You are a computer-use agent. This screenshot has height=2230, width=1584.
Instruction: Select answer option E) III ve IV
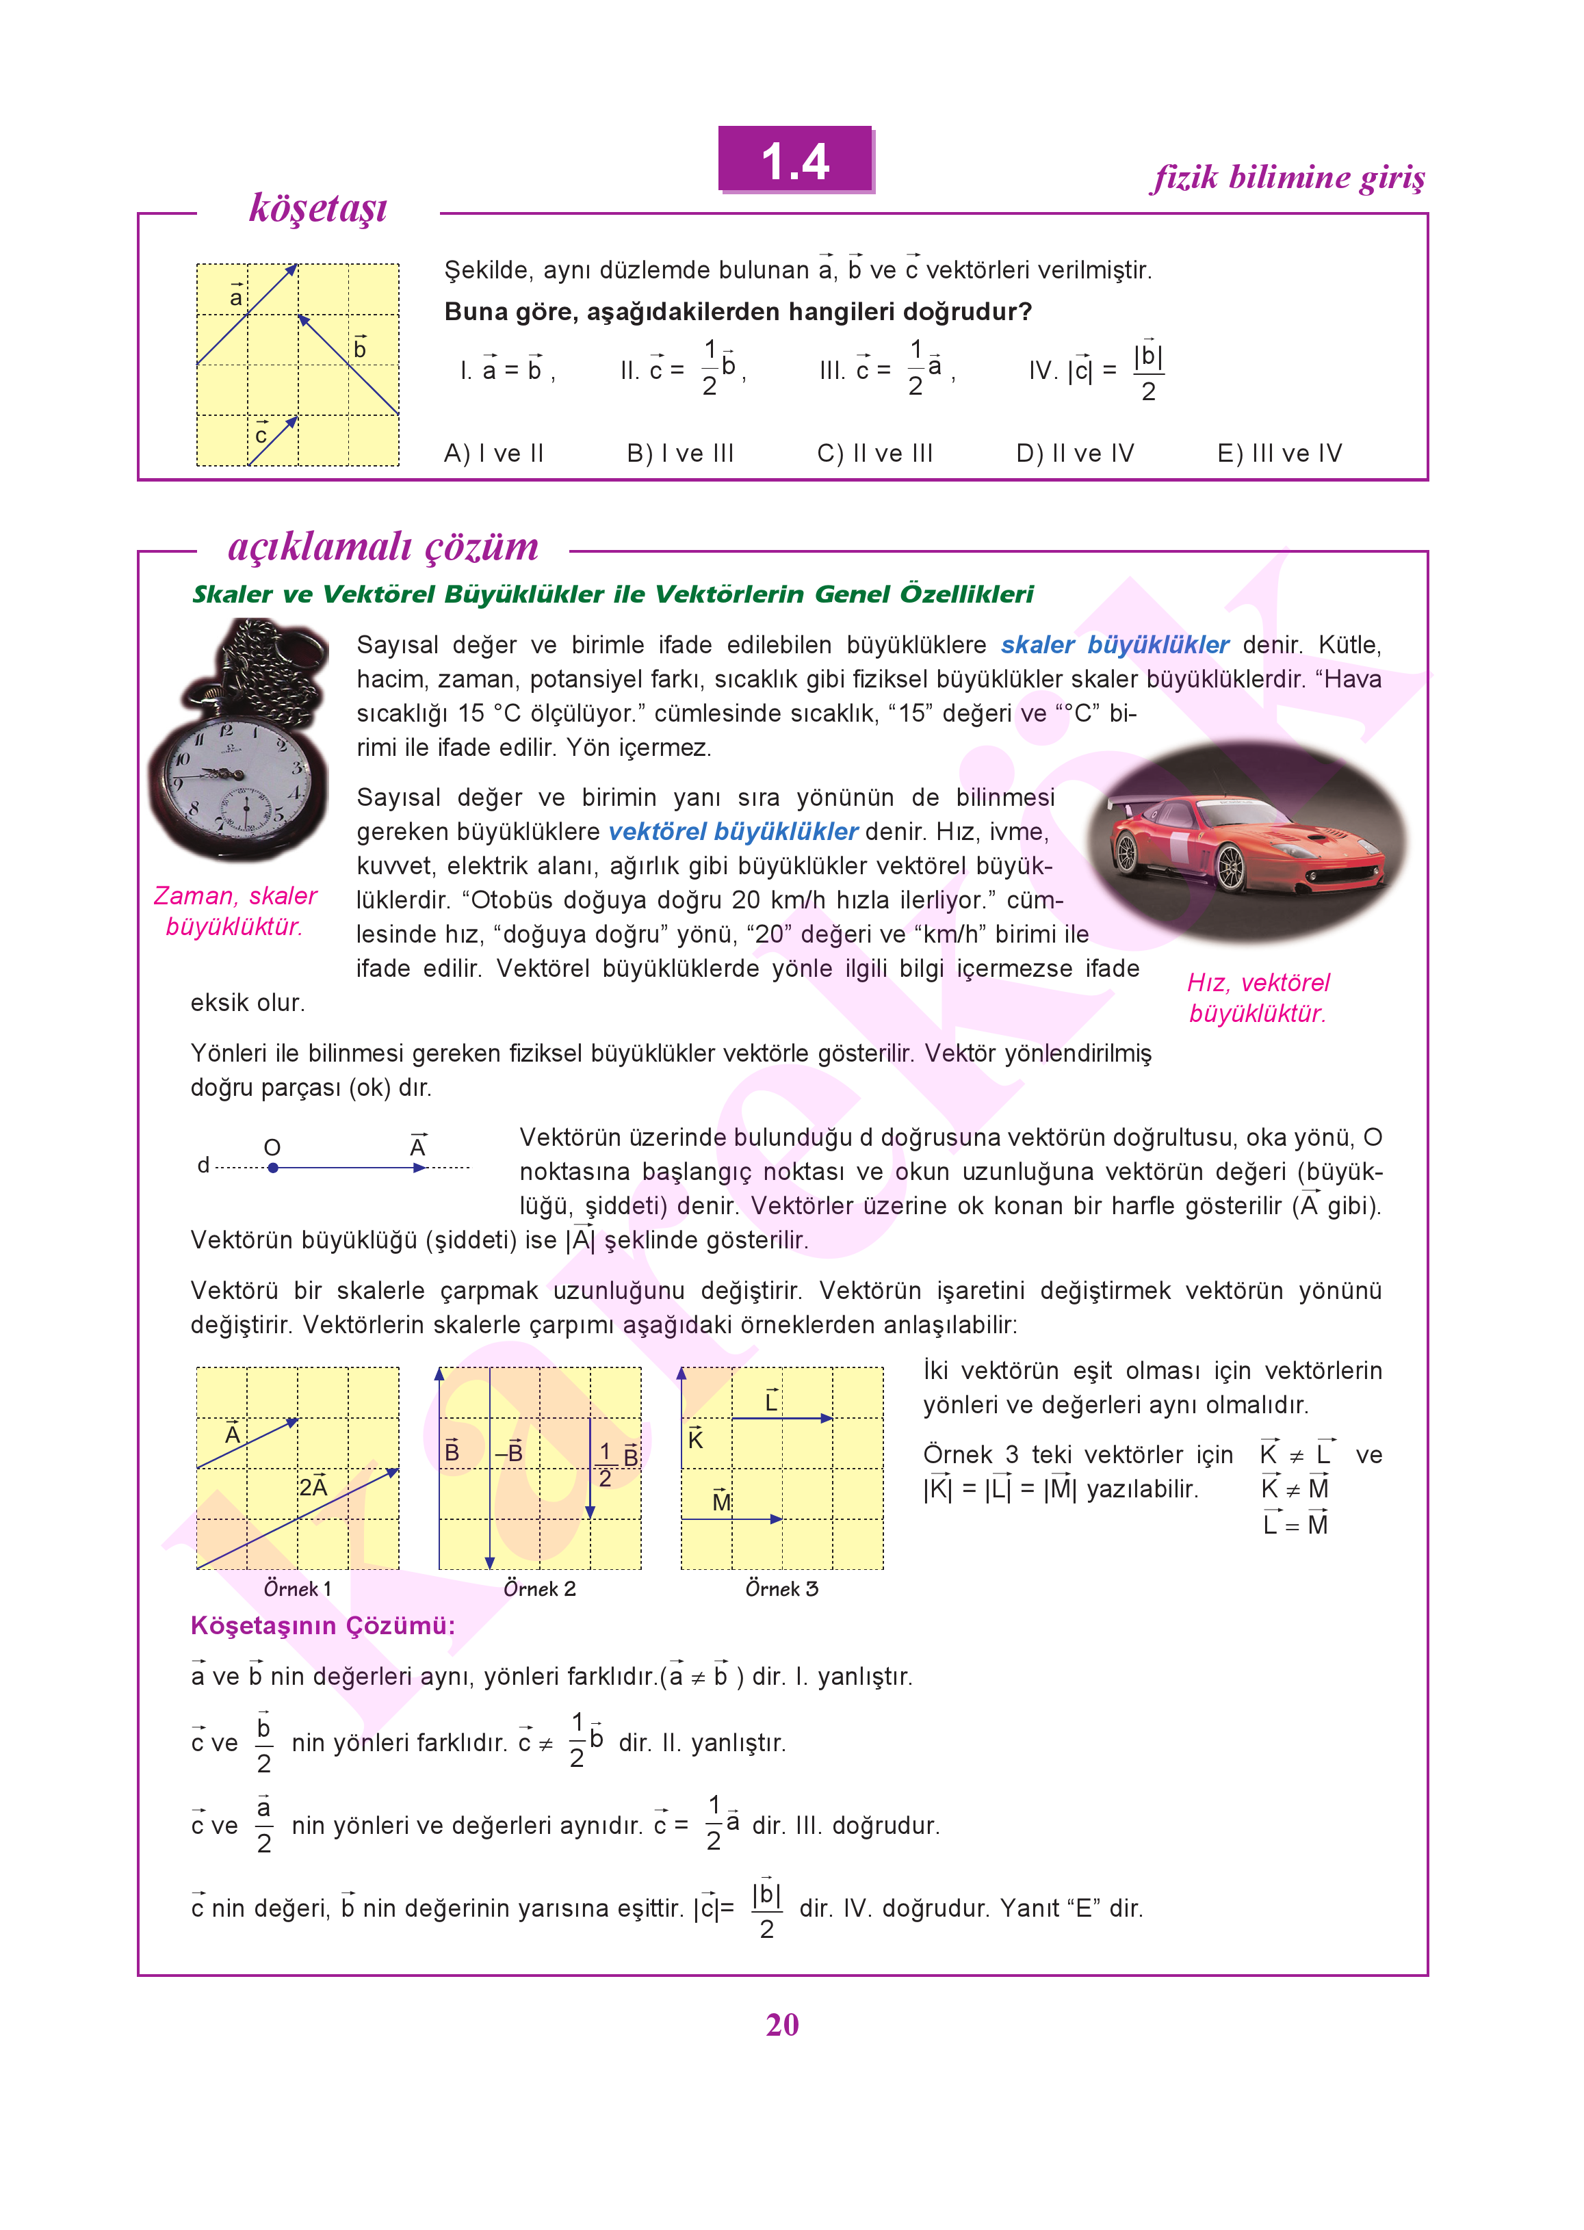(1280, 454)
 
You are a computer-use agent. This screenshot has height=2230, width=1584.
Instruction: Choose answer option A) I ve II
(493, 454)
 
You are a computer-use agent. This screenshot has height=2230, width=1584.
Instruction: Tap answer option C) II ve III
(875, 454)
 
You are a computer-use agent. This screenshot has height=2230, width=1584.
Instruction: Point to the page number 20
(782, 2025)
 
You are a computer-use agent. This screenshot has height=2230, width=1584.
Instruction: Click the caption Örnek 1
(298, 1589)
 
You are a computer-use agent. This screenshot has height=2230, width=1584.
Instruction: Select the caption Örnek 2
(539, 1589)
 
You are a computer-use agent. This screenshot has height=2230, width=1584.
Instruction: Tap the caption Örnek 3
(781, 1589)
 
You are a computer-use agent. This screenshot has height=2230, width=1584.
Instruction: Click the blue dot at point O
(273, 1167)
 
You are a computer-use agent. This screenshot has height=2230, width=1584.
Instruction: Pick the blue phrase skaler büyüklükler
(1115, 646)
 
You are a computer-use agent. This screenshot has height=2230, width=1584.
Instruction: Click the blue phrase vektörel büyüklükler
(733, 832)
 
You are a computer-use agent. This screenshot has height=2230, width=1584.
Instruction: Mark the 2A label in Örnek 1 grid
(313, 1487)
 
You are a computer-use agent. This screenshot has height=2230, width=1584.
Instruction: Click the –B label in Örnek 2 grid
(509, 1453)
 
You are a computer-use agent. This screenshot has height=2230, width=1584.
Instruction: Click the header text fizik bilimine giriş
(1288, 177)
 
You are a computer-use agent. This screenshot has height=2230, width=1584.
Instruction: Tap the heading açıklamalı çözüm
(383, 547)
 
